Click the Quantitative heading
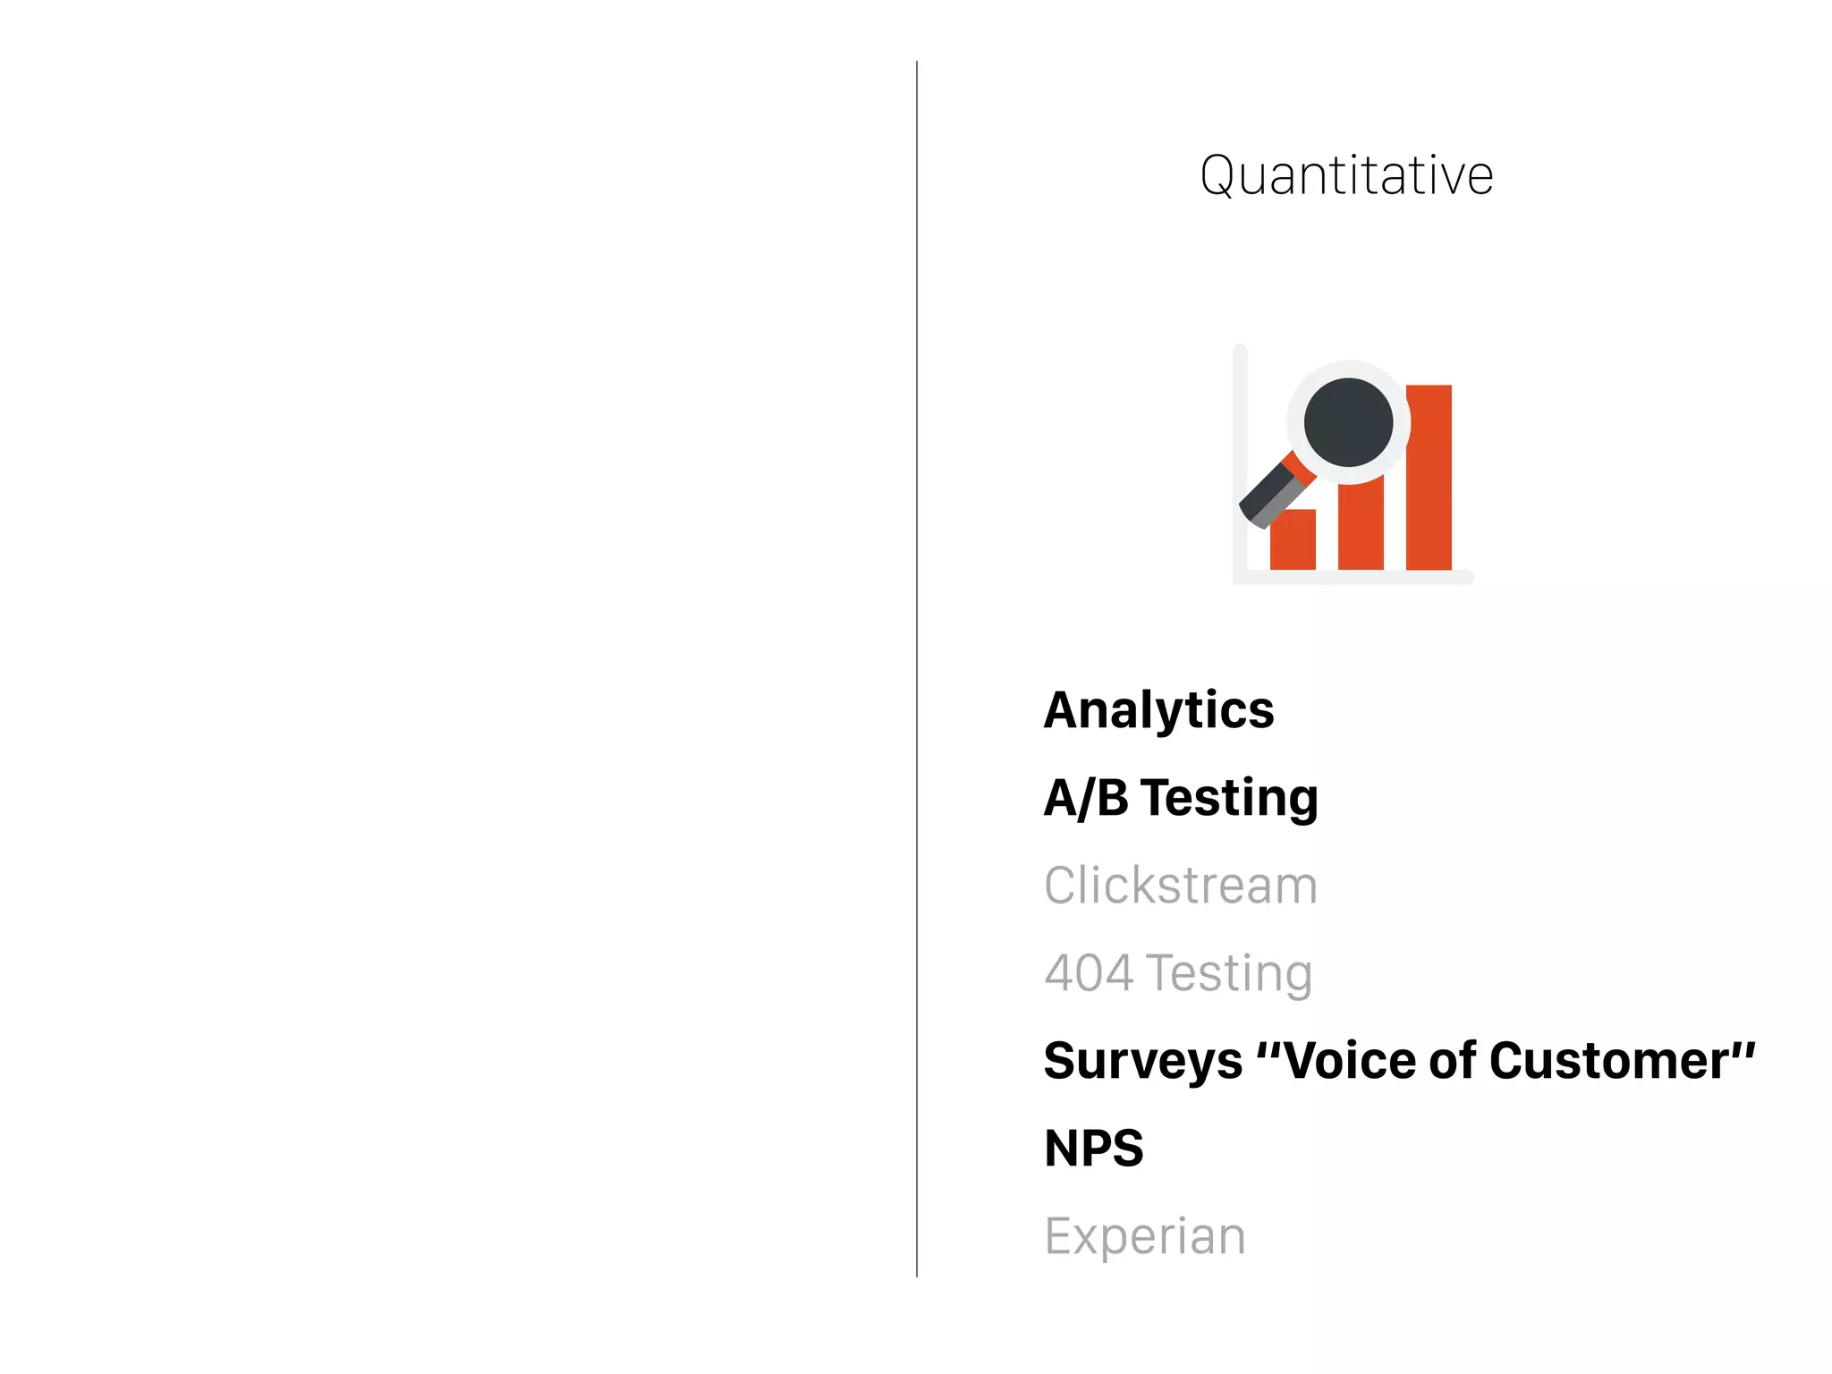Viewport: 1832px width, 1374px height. (x=1346, y=174)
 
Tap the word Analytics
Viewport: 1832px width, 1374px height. (x=1158, y=711)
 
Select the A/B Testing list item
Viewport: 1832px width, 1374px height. (x=1181, y=798)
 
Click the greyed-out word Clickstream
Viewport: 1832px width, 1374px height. (x=1181, y=886)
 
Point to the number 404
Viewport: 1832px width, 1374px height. (x=1089, y=973)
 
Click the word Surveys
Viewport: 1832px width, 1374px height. (x=1143, y=1062)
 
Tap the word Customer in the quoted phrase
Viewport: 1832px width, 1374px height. (x=1610, y=1062)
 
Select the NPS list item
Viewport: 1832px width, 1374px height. (x=1093, y=1149)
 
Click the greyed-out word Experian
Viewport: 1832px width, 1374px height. (x=1145, y=1236)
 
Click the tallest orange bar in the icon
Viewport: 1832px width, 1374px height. (x=1429, y=501)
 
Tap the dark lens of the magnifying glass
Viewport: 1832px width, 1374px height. (x=1348, y=422)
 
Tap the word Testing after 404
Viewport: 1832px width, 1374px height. (x=1229, y=973)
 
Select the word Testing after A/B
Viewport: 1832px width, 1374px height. (x=1229, y=798)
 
